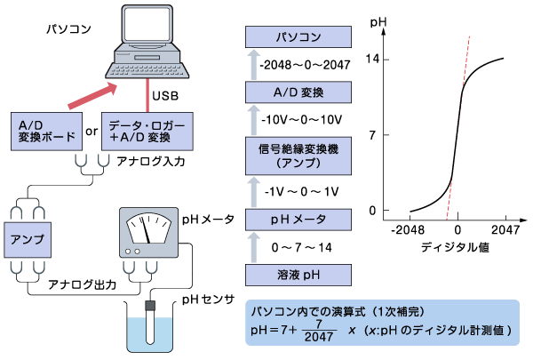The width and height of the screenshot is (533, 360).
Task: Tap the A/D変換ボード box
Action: [x=45, y=132]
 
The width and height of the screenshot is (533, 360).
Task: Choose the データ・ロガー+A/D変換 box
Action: [x=147, y=132]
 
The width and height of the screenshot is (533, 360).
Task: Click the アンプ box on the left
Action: [x=26, y=240]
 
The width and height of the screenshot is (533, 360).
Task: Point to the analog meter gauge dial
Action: [x=147, y=228]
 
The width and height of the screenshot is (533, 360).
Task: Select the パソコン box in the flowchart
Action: [x=298, y=37]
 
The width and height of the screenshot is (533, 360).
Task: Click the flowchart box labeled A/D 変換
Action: [x=298, y=92]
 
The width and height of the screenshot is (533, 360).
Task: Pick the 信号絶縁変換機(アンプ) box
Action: [x=298, y=156]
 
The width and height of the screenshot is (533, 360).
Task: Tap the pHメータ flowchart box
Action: [x=298, y=219]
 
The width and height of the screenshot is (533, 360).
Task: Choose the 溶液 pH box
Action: [x=298, y=275]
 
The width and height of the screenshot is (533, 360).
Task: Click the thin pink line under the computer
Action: [x=147, y=95]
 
